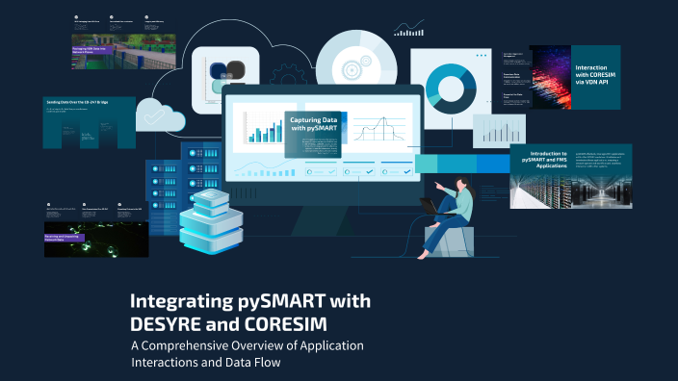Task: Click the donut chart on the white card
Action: coord(447,83)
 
